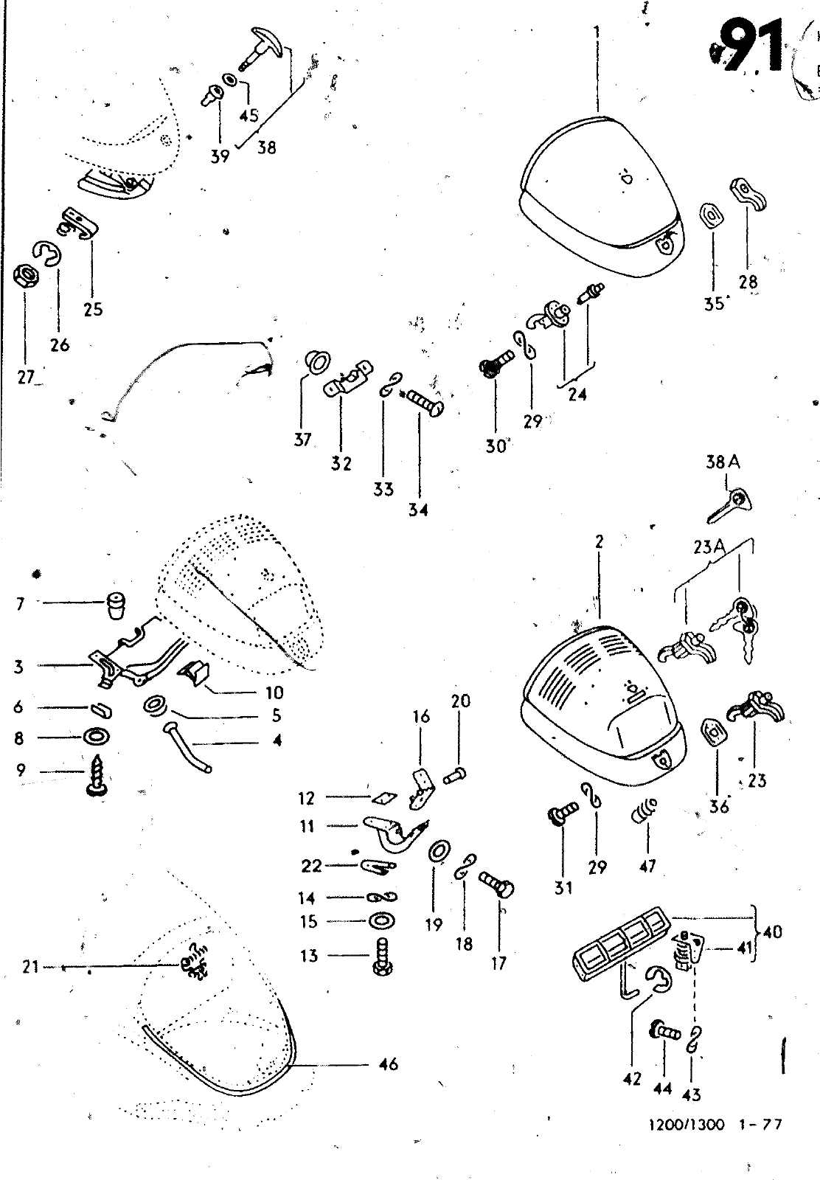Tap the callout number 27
26,378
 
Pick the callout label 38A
722,462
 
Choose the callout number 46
388,1063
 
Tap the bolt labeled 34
425,403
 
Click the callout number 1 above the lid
596,32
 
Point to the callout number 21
30,965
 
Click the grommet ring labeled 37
319,361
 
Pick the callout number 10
274,693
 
